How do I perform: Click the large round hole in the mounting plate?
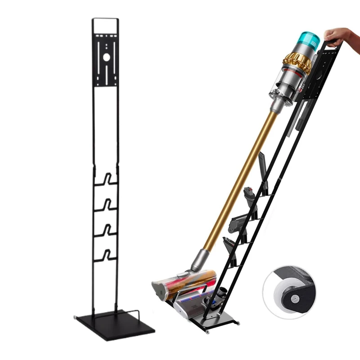(x=106, y=57)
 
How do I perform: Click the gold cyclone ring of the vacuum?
(x=297, y=63)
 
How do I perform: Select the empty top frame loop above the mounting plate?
(x=105, y=25)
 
